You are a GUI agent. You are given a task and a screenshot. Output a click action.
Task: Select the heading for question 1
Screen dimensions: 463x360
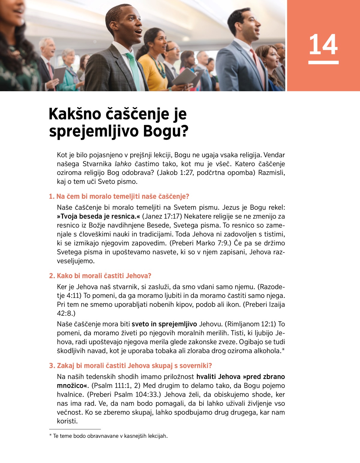119,197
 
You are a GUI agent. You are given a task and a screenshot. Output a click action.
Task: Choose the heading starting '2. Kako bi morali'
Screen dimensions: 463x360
100,276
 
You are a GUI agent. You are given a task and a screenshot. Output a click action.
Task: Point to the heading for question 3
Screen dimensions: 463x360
130,365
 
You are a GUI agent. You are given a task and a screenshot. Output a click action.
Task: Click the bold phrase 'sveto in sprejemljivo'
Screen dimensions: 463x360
164,324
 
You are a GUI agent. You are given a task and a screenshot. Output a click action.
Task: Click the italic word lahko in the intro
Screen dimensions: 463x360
123,164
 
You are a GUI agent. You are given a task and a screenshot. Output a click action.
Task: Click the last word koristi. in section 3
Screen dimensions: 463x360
67,421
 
